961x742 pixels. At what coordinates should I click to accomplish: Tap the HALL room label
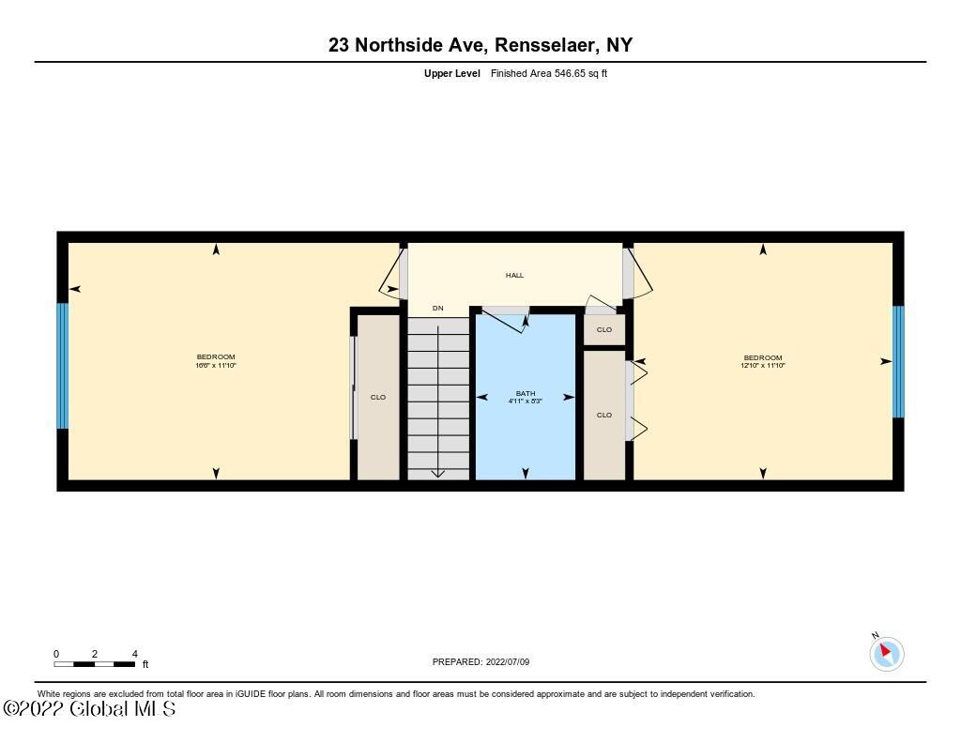click(x=514, y=275)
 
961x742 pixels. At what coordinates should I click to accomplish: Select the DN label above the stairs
click(x=437, y=308)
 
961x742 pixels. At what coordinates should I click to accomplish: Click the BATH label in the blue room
click(x=526, y=393)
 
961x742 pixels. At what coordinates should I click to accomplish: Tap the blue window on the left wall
click(x=63, y=365)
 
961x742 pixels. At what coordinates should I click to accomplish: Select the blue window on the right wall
click(x=898, y=361)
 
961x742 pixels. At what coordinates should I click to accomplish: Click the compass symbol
click(x=886, y=653)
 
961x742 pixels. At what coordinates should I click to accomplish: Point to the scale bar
click(x=95, y=664)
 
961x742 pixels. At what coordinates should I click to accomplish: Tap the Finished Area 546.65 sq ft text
click(x=549, y=73)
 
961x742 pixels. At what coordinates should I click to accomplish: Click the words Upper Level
click(x=451, y=73)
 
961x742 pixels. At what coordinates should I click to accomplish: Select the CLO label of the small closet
click(x=604, y=329)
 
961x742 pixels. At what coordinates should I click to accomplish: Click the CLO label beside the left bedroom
click(x=378, y=397)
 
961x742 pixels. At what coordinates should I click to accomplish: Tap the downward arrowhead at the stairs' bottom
click(x=437, y=473)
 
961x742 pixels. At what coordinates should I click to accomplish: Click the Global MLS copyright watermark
click(x=89, y=709)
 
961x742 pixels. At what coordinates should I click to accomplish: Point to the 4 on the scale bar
click(x=135, y=654)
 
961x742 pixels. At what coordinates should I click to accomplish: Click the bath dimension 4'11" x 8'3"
click(x=526, y=401)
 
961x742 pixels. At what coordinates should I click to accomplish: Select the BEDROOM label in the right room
click(x=763, y=356)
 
